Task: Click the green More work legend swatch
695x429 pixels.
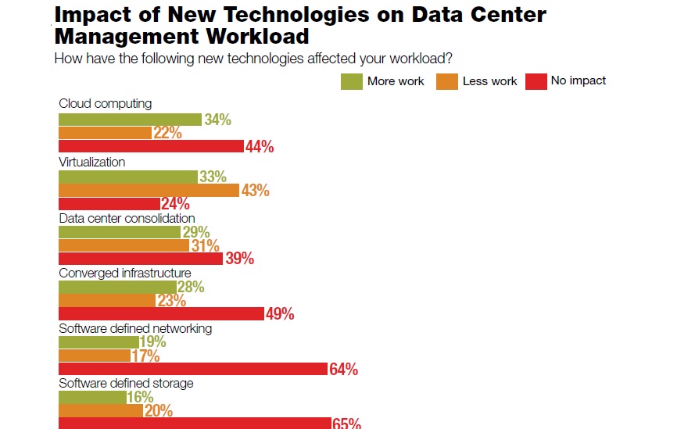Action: pyautogui.click(x=351, y=81)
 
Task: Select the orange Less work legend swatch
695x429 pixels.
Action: pyautogui.click(x=447, y=81)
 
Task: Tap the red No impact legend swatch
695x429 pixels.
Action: pyautogui.click(x=536, y=81)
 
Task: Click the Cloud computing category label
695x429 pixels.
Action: pyautogui.click(x=106, y=103)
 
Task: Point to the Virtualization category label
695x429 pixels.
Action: pyautogui.click(x=92, y=162)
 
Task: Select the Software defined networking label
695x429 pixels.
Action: pyautogui.click(x=135, y=328)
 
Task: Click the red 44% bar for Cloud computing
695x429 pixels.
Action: pyautogui.click(x=152, y=146)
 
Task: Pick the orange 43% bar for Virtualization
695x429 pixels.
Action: pyautogui.click(x=149, y=190)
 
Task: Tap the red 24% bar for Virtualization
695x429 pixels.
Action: pyautogui.click(x=109, y=203)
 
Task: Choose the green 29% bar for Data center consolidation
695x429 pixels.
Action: pyautogui.click(x=120, y=232)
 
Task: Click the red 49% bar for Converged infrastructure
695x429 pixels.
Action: pyautogui.click(x=161, y=313)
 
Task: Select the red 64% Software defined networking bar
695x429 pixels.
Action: pyautogui.click(x=192, y=369)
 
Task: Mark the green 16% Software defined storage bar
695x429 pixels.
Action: pyautogui.click(x=92, y=398)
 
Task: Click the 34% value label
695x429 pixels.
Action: pyautogui.click(x=217, y=120)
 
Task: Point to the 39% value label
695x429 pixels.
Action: pyautogui.click(x=240, y=259)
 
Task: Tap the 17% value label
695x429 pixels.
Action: pyautogui.click(x=145, y=356)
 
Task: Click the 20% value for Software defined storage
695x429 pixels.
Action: pyautogui.click(x=159, y=411)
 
